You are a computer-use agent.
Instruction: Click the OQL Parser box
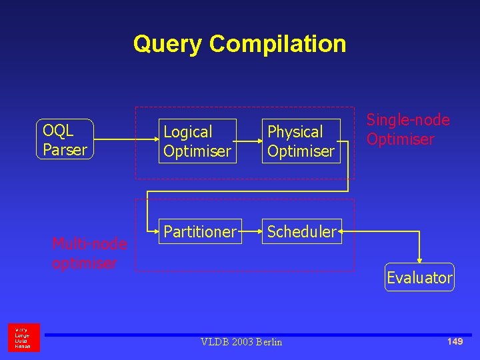click(64, 140)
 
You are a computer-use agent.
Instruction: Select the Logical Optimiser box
click(197, 141)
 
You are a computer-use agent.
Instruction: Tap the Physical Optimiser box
click(301, 141)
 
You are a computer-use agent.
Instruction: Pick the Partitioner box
click(199, 231)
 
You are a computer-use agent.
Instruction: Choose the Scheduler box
click(302, 231)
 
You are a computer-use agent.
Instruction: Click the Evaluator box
click(419, 277)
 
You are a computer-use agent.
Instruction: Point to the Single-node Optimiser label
click(408, 129)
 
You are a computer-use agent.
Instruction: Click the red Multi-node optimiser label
click(89, 253)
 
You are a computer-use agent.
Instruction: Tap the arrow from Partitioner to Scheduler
click(251, 232)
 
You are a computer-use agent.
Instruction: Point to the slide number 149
click(455, 341)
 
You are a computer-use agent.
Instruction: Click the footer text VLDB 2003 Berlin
click(241, 342)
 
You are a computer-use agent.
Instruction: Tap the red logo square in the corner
click(23, 337)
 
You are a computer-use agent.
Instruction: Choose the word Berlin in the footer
click(267, 342)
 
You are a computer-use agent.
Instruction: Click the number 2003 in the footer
click(239, 342)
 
